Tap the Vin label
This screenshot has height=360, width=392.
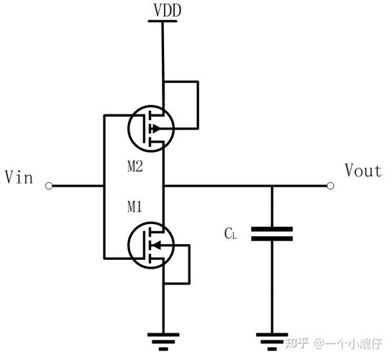[x=19, y=176]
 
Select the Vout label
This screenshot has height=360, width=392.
[x=363, y=171]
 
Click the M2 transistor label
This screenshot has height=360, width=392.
[x=137, y=167]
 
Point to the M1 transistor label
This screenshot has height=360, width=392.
[x=137, y=207]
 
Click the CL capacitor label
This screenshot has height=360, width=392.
[x=229, y=234]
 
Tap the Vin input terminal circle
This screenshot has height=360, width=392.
[x=49, y=186]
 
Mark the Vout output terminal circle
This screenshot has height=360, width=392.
[x=331, y=186]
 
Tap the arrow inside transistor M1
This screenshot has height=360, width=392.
[x=155, y=246]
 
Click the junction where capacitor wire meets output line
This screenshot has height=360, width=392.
[x=272, y=186]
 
